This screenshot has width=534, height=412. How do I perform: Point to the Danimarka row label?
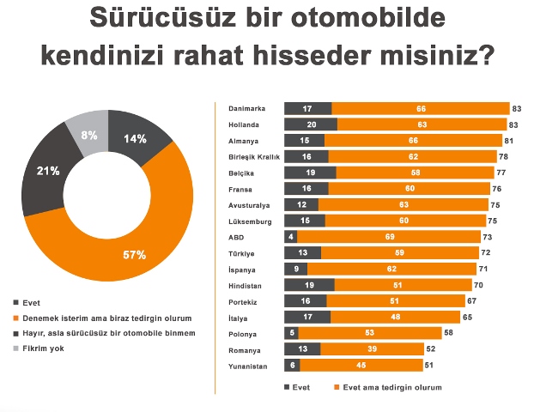click(246, 109)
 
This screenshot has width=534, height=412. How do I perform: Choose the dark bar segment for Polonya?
click(293, 333)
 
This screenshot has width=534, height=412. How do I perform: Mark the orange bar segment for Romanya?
click(372, 349)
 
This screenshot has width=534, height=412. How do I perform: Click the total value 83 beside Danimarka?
click(517, 109)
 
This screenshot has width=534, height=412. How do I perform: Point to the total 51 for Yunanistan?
click(430, 366)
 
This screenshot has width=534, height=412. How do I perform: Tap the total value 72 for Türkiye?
click(486, 253)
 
